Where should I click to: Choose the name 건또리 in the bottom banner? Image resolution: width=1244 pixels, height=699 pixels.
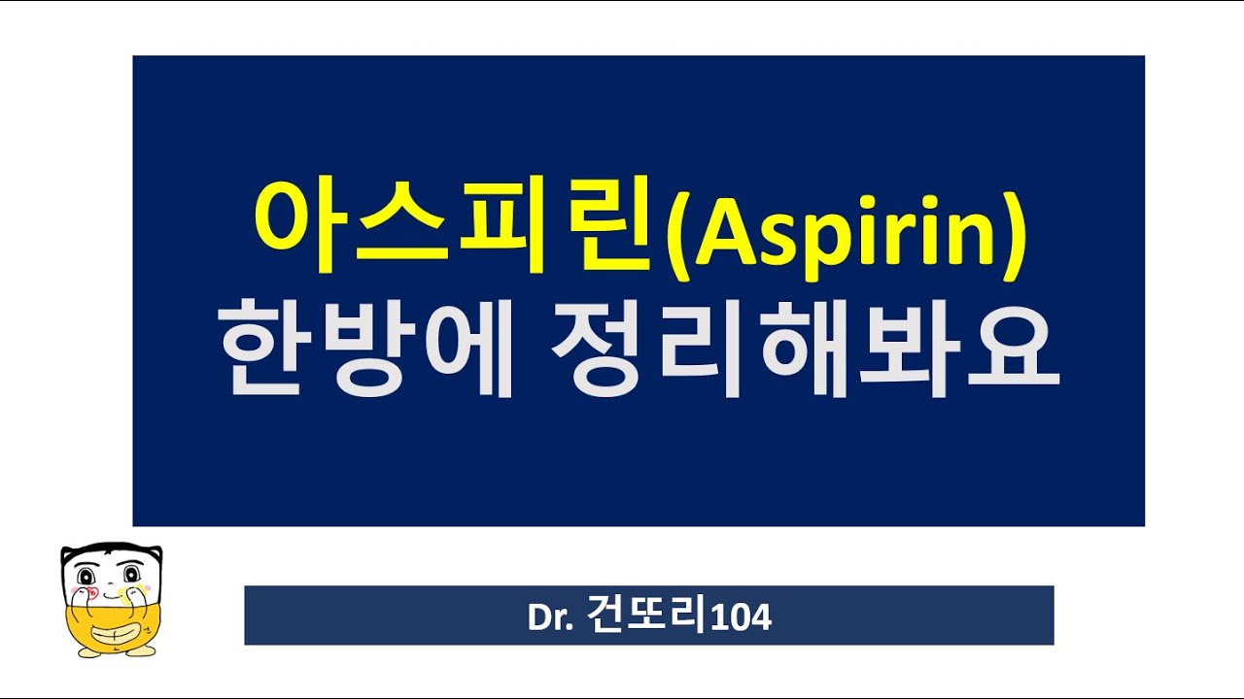[x=648, y=616]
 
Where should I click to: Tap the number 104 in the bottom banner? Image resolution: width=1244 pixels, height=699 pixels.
[x=742, y=616]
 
